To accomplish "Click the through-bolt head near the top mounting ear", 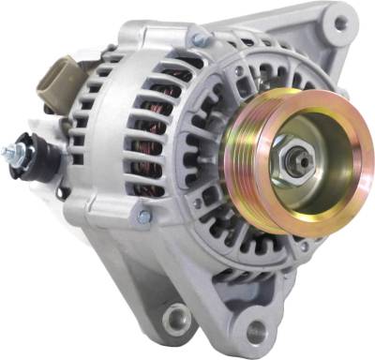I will (198, 40).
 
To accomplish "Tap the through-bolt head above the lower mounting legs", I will (142, 217).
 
